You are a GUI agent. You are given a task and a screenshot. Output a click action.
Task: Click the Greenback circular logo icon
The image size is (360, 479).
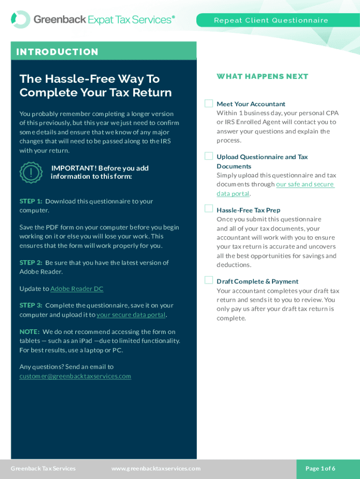[x=21, y=20]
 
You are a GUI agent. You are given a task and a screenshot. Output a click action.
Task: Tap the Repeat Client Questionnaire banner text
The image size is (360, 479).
[x=271, y=20]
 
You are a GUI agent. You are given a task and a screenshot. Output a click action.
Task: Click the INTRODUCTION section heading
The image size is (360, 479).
[x=58, y=51]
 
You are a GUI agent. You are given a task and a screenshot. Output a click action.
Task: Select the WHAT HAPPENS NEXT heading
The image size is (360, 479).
[x=262, y=76]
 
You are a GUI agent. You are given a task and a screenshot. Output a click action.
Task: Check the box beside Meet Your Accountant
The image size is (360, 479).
[x=209, y=103]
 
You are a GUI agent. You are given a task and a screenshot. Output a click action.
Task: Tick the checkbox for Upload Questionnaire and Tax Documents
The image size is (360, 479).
[x=209, y=156]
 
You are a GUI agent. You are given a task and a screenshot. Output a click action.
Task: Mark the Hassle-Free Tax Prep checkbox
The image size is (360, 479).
[x=209, y=209]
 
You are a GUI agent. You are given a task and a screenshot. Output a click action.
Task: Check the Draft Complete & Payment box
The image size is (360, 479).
[x=209, y=280]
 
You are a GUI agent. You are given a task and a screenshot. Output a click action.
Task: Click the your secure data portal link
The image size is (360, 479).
[x=131, y=315]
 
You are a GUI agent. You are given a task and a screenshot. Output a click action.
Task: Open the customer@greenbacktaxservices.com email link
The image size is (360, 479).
[x=75, y=376]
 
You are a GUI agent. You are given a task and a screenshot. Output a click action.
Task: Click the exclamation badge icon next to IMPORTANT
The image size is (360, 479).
[x=31, y=173]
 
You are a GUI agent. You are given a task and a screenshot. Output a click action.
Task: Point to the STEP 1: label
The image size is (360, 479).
[x=31, y=201]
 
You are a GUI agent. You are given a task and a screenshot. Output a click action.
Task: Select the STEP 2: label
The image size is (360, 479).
[x=31, y=262]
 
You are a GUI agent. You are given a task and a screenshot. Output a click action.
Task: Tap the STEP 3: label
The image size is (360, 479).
[x=31, y=305]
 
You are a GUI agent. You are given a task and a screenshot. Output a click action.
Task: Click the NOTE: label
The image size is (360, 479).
[x=29, y=332]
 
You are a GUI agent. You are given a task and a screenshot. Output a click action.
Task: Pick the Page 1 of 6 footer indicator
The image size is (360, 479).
[x=320, y=468]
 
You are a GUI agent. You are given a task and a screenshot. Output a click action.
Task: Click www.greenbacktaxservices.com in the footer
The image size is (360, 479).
[x=156, y=468]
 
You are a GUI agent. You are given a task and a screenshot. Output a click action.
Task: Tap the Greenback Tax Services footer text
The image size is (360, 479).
[x=43, y=468]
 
